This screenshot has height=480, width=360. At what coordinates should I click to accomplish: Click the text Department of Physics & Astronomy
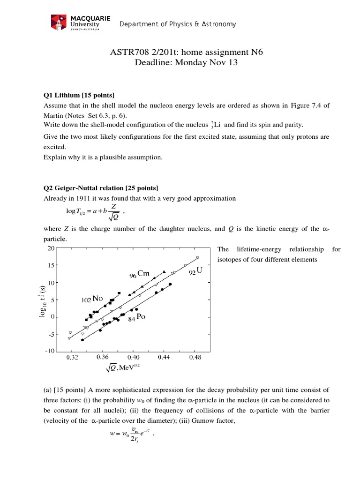pos(177,24)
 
